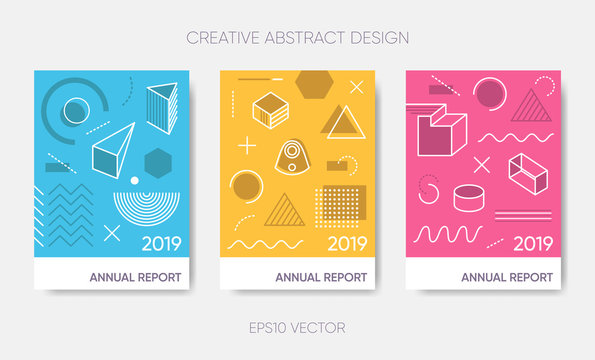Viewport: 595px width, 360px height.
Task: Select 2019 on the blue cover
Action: point(162,243)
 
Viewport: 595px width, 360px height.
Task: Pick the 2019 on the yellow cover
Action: point(347,243)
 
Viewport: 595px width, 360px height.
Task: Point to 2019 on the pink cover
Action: point(533,243)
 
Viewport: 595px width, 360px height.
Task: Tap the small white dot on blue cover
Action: point(134,181)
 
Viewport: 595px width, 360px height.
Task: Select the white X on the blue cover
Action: point(112,232)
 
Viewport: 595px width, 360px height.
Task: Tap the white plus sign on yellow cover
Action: point(246,145)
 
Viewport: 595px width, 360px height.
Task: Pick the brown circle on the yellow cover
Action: point(245,185)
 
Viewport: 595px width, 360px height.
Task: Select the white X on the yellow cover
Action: point(357,88)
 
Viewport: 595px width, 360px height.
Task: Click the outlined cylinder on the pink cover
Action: point(466,199)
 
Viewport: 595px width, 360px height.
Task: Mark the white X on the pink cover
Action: point(482,165)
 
